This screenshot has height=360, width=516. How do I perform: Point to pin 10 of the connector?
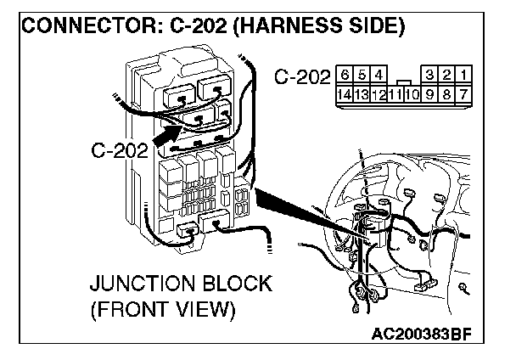click(416, 93)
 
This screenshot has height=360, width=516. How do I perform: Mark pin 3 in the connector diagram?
click(431, 76)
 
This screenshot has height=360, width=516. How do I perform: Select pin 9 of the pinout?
click(432, 93)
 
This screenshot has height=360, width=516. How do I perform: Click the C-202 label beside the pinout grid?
click(302, 78)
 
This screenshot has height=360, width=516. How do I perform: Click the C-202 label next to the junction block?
click(118, 151)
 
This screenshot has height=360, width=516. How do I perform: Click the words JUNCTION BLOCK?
click(181, 283)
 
